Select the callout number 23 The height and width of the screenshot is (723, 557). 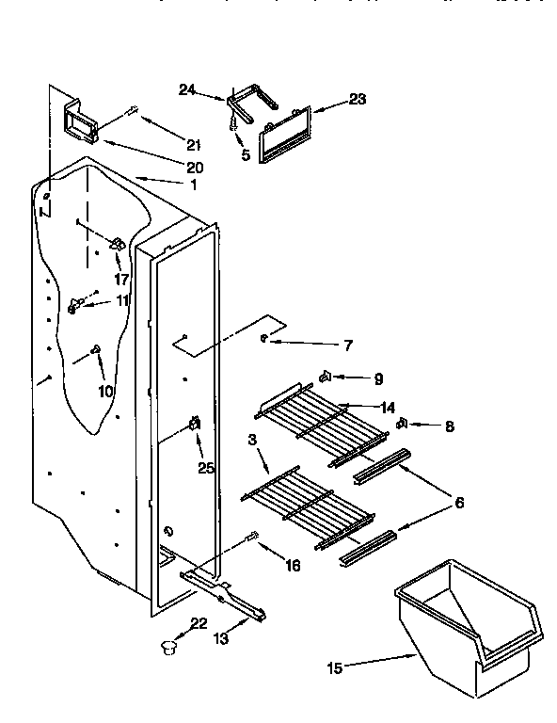point(358,98)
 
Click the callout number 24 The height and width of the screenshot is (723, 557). point(186,89)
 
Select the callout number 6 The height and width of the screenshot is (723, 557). point(459,504)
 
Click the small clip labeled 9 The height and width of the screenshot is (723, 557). point(325,378)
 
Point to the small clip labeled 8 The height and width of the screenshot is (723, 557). point(402,423)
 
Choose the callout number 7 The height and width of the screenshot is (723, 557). point(348,345)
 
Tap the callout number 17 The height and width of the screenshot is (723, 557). point(121,279)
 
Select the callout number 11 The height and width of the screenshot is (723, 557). point(122,301)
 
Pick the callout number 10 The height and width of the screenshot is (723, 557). point(105,390)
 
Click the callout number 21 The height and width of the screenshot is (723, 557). point(194,144)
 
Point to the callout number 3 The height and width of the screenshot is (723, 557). point(252,440)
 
